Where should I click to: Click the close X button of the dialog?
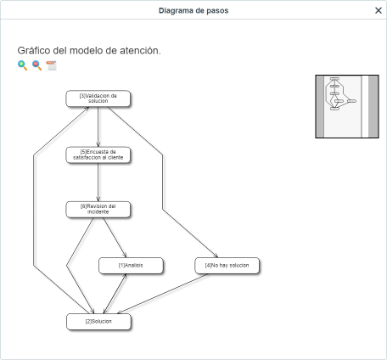(x=379, y=10)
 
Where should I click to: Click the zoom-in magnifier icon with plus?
(x=22, y=65)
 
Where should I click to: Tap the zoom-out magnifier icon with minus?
(x=36, y=65)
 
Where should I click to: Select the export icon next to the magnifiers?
(x=51, y=65)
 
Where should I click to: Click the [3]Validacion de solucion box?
(x=98, y=98)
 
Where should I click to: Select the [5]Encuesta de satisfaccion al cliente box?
(x=98, y=155)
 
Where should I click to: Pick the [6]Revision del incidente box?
(x=98, y=209)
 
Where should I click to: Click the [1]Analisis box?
(x=131, y=266)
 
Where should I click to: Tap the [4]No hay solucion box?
(x=227, y=266)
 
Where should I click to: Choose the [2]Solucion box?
(x=98, y=322)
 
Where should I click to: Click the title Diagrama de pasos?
(x=193, y=10)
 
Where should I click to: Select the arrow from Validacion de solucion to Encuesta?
(x=98, y=127)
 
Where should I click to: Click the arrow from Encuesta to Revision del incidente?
(x=98, y=183)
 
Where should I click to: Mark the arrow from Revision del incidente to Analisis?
(x=115, y=238)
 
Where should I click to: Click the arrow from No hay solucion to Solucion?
(x=163, y=294)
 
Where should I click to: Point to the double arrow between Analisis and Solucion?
(x=115, y=294)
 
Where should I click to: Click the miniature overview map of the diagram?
(x=347, y=106)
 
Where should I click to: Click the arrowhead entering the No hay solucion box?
(x=216, y=256)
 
